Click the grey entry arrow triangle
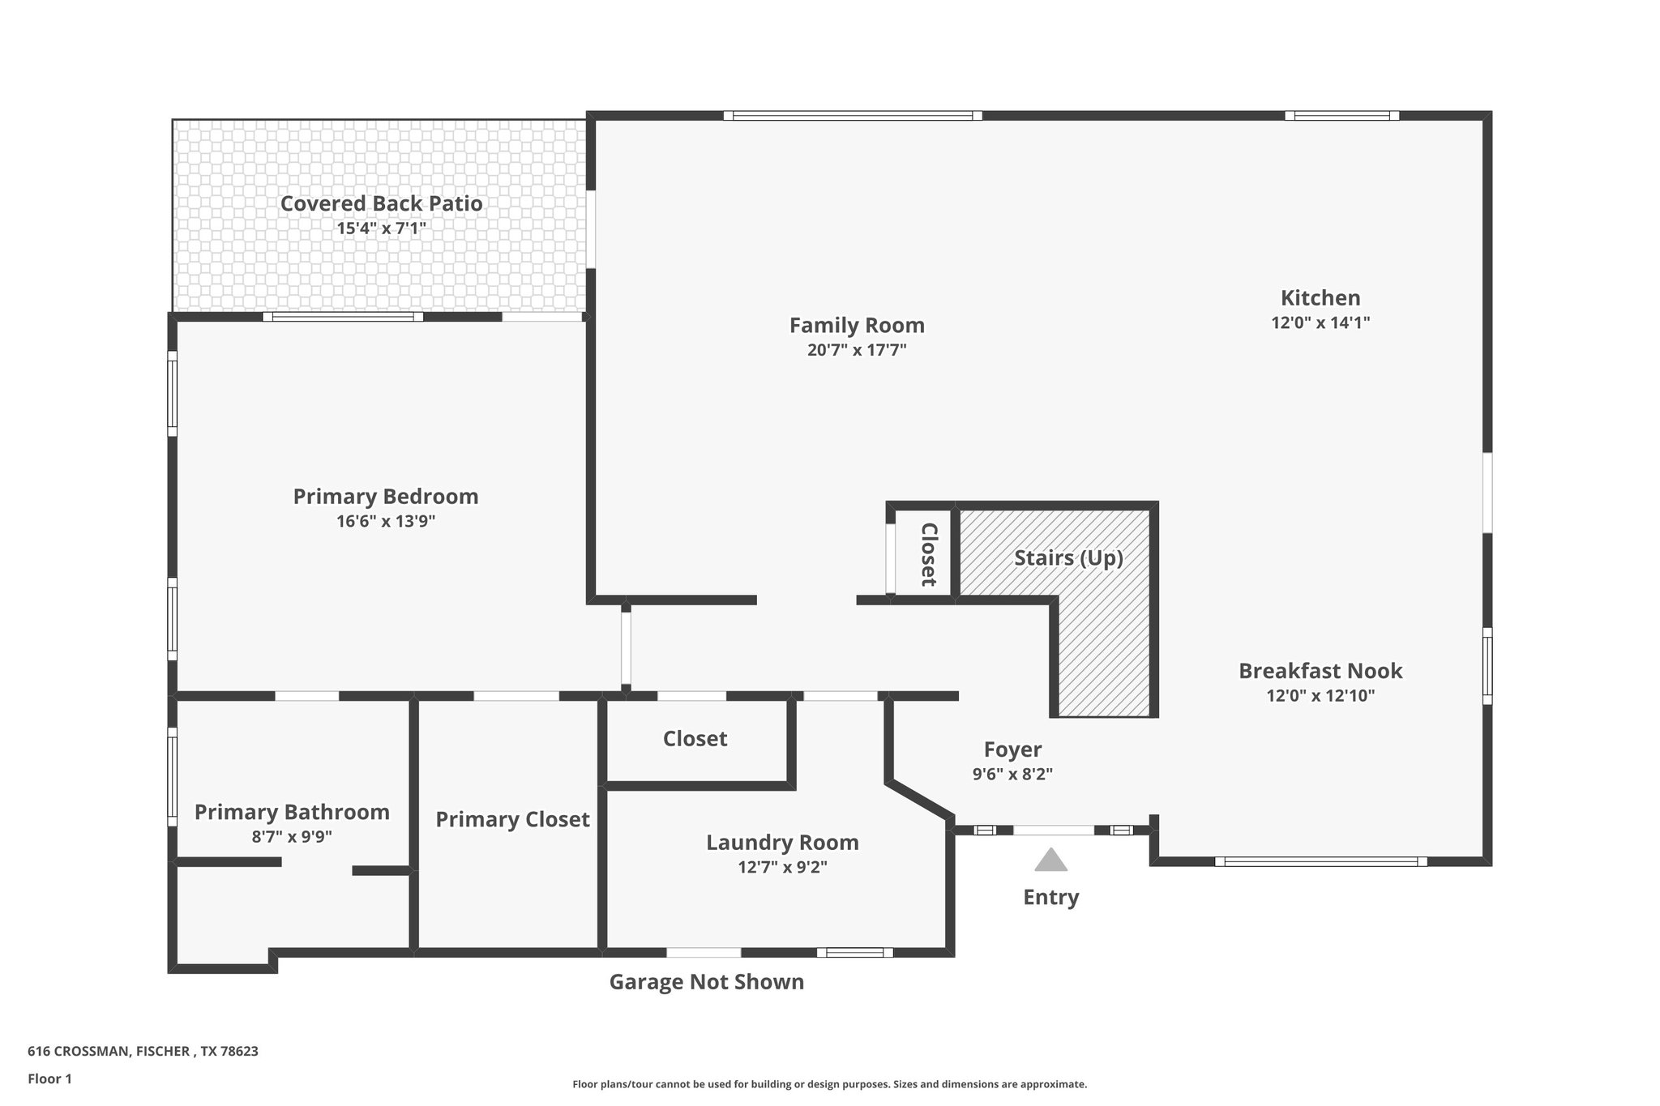coord(1050,860)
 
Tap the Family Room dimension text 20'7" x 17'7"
coord(857,350)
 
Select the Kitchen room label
coord(1320,297)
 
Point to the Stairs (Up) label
coord(1068,557)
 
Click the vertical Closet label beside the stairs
coord(929,554)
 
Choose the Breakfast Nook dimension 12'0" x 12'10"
coord(1320,695)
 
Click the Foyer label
coord(1012,749)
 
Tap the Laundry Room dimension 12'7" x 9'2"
coord(782,867)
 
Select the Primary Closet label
coord(512,819)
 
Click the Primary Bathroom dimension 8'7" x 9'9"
coord(292,836)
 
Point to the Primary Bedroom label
coord(386,496)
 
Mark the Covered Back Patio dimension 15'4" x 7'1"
coord(381,228)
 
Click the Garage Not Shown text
coord(706,982)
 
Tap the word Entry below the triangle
coord(1050,897)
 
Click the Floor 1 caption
coord(49,1078)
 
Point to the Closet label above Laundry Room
coord(695,738)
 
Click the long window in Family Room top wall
coord(852,116)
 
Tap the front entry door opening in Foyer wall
coord(1053,830)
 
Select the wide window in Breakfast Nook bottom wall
coord(1320,861)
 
